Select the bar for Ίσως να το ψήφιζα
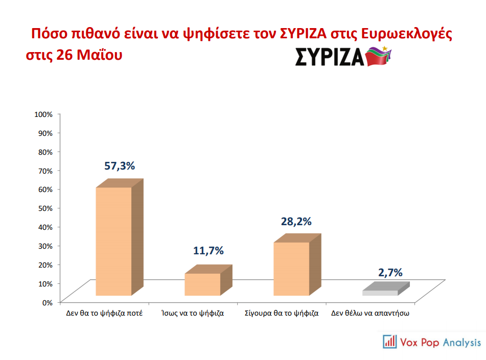[x=202, y=284]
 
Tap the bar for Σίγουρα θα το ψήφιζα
[x=291, y=269]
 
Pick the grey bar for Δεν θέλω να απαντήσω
[x=380, y=293]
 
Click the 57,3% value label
[x=120, y=166]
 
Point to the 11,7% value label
[x=209, y=251]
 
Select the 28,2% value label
[x=296, y=222]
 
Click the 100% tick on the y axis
[x=43, y=114]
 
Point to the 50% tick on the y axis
[x=44, y=208]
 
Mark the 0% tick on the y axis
[x=47, y=302]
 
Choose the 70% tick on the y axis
[x=44, y=170]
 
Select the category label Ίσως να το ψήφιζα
[x=192, y=313]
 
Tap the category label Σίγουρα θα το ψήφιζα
[x=282, y=313]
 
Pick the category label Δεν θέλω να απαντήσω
[x=371, y=313]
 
